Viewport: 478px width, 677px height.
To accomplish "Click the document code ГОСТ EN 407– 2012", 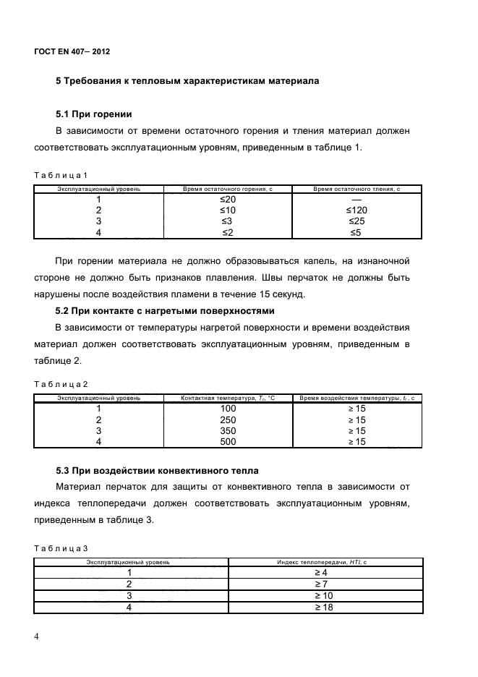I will pos(72,51).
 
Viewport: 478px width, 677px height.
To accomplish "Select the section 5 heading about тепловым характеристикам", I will pos(187,81).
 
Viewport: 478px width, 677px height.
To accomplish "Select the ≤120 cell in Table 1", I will pos(357,210).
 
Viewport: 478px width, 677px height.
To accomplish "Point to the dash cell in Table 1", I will pos(357,199).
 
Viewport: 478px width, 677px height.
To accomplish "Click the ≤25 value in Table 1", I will pos(357,221).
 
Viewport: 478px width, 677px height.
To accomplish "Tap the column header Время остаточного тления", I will pos(357,189).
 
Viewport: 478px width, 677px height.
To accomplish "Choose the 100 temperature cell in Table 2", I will pos(228,409).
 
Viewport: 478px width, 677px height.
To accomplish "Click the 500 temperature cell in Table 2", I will pos(228,441).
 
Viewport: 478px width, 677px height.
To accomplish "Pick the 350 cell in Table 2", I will pos(228,430).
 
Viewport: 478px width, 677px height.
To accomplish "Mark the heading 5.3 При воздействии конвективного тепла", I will pos(157,472).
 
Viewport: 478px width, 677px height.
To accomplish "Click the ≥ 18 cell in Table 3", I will pos(322,607).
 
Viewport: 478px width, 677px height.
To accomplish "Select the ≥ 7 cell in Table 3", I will pos(322,584).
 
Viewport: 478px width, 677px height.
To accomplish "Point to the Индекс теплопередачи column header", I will pos(322,561).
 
